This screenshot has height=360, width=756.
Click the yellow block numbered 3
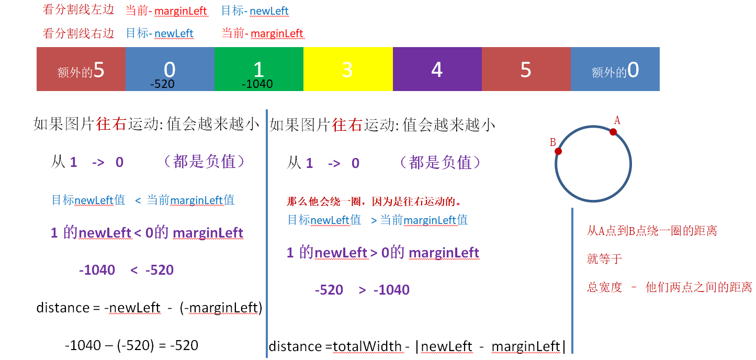click(x=348, y=69)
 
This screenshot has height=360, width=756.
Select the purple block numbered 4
click(x=437, y=69)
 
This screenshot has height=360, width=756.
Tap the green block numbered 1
click(x=259, y=69)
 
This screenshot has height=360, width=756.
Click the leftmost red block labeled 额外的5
click(x=81, y=69)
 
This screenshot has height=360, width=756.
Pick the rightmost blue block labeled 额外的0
click(x=615, y=69)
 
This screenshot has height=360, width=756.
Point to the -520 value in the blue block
click(x=162, y=84)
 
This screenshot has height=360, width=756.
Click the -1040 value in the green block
click(x=257, y=84)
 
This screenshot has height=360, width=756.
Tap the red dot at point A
click(x=613, y=132)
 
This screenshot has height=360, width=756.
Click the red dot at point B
click(x=558, y=152)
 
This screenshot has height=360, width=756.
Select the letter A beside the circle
click(x=617, y=120)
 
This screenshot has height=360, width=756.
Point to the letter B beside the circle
click(x=552, y=142)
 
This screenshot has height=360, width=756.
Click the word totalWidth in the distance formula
click(x=367, y=346)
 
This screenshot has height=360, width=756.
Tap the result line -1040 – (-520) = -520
click(x=132, y=345)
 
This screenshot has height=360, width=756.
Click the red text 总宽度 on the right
click(x=604, y=287)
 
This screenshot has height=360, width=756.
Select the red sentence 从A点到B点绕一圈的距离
click(x=652, y=231)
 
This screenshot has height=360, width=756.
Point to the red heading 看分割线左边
click(x=78, y=10)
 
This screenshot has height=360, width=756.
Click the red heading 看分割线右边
click(x=78, y=33)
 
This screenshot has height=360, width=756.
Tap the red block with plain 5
click(x=526, y=69)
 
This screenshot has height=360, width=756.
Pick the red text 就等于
click(x=604, y=259)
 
